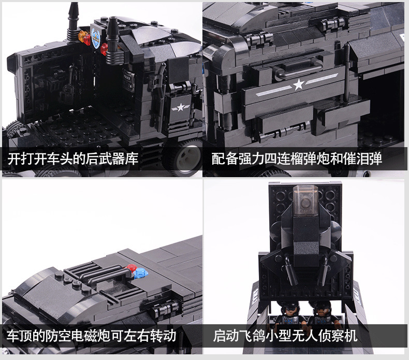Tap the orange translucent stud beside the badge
click(x=82, y=35)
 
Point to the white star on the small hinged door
click(x=180, y=107)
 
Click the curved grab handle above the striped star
click(x=299, y=70)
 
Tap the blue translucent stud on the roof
click(x=141, y=273)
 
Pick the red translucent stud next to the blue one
click(x=131, y=268)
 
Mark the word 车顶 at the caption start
click(x=19, y=336)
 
